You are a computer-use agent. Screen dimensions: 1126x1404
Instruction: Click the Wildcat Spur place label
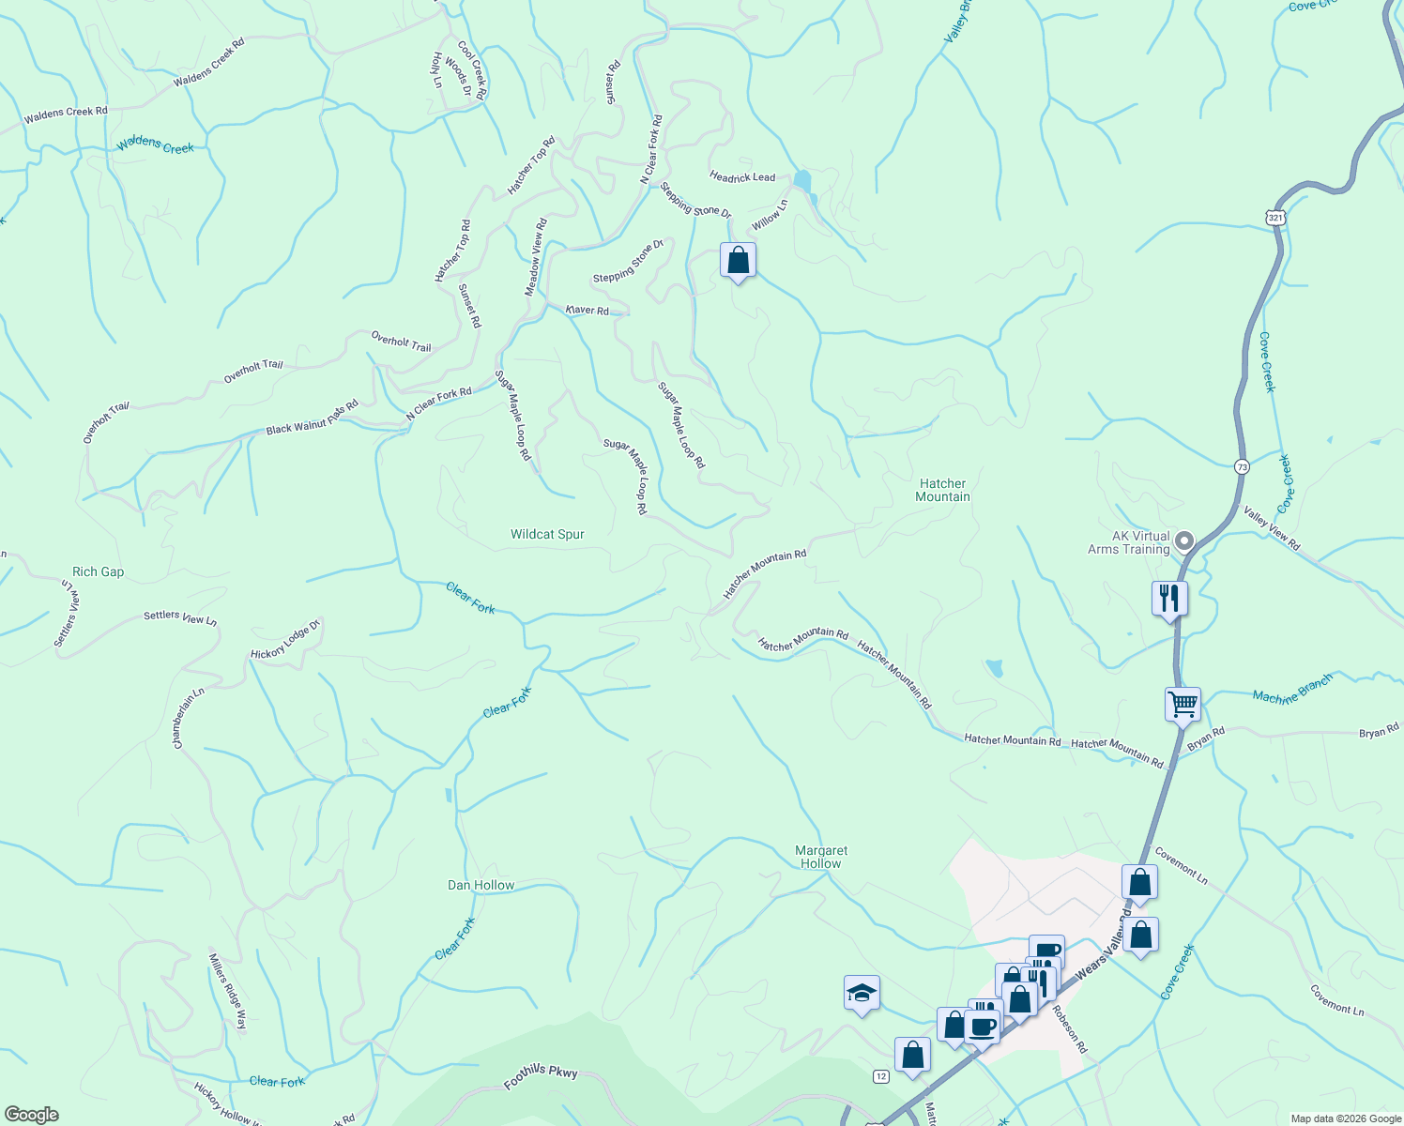(547, 534)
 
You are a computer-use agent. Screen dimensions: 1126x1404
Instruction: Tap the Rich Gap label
(98, 571)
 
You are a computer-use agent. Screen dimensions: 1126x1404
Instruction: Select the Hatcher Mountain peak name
(942, 490)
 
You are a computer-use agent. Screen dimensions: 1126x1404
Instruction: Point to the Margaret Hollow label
(820, 857)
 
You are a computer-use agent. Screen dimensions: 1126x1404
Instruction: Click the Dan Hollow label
(481, 885)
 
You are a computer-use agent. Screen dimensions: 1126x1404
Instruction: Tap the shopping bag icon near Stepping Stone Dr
(738, 261)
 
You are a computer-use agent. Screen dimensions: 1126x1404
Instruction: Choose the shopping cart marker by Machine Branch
(1183, 704)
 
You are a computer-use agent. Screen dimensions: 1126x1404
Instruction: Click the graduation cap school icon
(862, 994)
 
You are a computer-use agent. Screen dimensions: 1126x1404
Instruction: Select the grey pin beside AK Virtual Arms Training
(1184, 540)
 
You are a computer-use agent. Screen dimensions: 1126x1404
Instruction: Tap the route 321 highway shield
(1274, 218)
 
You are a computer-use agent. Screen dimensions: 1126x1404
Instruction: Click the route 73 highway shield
(1242, 466)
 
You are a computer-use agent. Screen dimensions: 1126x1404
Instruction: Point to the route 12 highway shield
(880, 1075)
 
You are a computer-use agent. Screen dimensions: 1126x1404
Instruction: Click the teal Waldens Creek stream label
(155, 145)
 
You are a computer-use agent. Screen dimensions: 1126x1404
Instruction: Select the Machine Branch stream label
(1292, 691)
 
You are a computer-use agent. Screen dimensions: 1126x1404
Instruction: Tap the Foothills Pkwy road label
(541, 1078)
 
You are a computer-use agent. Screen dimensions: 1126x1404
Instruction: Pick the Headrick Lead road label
(742, 176)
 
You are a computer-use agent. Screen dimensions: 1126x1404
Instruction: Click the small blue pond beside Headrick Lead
(802, 180)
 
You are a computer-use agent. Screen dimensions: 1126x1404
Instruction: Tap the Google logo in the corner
(31, 1115)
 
